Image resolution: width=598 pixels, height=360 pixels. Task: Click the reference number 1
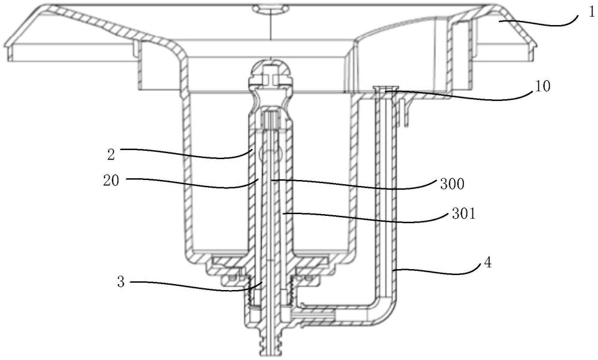tap(591, 13)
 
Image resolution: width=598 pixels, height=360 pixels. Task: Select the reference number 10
tap(542, 87)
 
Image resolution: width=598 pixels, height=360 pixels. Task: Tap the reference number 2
tap(111, 154)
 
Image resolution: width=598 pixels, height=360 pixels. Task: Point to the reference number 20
tap(111, 181)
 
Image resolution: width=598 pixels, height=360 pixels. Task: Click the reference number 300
tap(452, 185)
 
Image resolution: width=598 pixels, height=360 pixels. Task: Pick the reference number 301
tap(463, 214)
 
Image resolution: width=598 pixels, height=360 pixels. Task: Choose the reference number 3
tap(121, 283)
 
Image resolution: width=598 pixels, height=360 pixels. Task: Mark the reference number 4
tap(487, 263)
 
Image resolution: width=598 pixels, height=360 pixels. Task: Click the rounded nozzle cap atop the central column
tap(270, 73)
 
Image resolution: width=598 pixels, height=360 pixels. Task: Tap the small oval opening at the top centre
tap(269, 8)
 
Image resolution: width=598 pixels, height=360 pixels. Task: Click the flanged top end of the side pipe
tap(385, 90)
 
